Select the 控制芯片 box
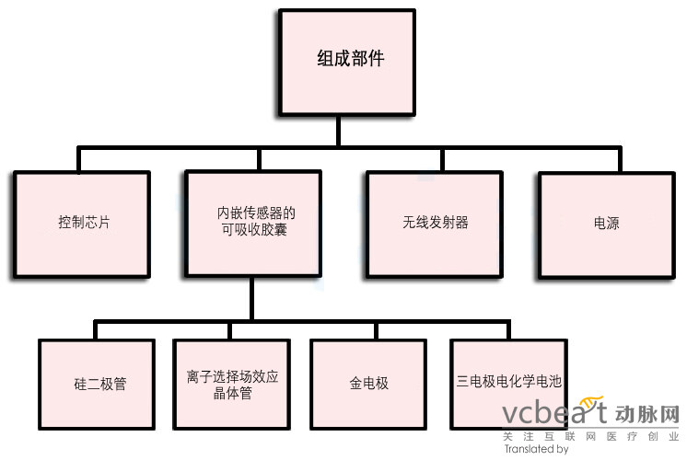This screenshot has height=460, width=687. point(82,223)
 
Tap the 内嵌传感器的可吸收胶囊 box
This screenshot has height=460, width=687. point(251,223)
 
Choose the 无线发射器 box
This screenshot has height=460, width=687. point(435,223)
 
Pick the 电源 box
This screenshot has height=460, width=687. point(606,223)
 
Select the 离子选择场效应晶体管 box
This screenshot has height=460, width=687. point(232,383)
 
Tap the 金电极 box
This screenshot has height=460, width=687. point(368,383)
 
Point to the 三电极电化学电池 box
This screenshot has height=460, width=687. point(508,383)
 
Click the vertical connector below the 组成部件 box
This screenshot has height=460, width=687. point(339,128)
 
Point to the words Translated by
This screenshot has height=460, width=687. point(536,450)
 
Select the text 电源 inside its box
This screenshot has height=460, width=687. point(606,223)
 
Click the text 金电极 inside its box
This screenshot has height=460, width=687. point(368,383)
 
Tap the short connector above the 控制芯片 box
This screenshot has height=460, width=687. point(79,160)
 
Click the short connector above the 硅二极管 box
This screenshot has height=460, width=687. point(96,330)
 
